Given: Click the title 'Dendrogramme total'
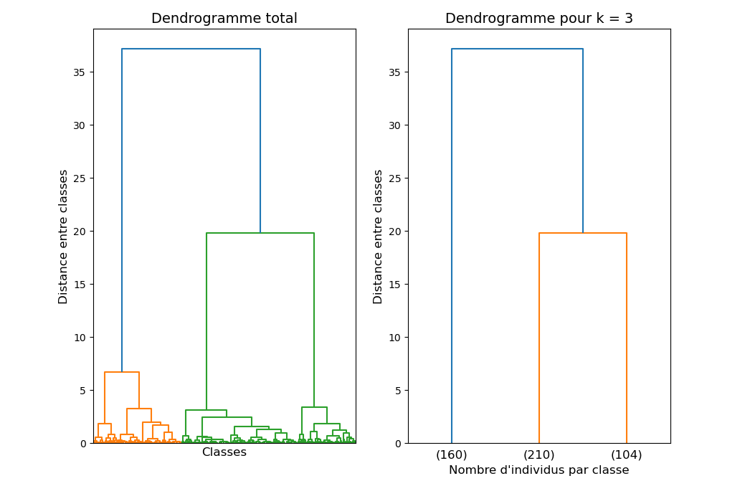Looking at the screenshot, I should click(224, 19).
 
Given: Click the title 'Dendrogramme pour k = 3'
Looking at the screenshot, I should click(538, 19).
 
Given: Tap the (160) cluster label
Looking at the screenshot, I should click(452, 454).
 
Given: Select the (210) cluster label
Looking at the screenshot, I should click(538, 454).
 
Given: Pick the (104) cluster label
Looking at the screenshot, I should click(626, 454).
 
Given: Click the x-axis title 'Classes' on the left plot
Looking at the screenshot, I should click(224, 452).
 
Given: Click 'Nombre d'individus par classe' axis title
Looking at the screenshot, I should click(538, 470).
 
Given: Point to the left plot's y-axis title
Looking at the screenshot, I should click(64, 237).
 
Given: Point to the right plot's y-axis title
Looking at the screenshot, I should click(379, 237).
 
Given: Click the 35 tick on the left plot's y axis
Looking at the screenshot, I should click(80, 72).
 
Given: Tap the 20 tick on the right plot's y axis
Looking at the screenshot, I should click(395, 232).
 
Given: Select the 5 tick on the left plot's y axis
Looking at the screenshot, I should click(83, 391).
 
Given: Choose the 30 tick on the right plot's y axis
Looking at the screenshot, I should click(395, 125).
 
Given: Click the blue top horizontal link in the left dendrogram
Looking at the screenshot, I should click(191, 49).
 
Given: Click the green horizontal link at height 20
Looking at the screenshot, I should click(260, 233).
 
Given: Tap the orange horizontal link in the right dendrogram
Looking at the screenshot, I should click(582, 233).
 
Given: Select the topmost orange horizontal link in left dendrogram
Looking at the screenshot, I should click(121, 372).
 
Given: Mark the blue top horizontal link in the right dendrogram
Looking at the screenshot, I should click(517, 49).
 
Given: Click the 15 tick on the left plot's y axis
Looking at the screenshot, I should click(80, 285).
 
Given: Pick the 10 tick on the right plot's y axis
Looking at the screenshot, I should click(395, 338).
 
